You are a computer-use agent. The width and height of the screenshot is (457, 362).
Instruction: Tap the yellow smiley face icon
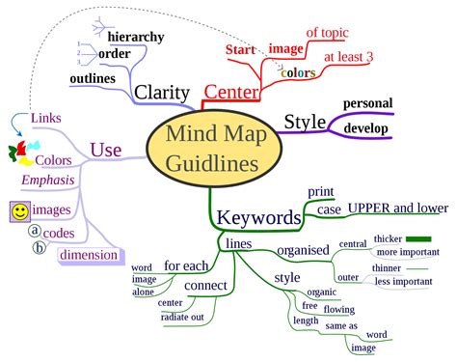click(x=18, y=209)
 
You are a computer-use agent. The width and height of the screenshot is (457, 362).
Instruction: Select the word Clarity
click(x=161, y=92)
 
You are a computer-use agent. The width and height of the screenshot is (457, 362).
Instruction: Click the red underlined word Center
click(x=231, y=92)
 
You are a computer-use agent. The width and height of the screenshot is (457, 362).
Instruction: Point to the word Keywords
click(x=258, y=217)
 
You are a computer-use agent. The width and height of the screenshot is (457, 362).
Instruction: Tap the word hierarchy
click(x=138, y=36)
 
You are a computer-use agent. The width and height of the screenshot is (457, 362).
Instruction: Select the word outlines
click(x=93, y=77)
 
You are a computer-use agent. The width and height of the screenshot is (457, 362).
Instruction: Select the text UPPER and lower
click(x=397, y=207)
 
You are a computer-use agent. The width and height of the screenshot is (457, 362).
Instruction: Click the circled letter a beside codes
click(x=34, y=231)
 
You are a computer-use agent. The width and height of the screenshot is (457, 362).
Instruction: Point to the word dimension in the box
click(x=89, y=256)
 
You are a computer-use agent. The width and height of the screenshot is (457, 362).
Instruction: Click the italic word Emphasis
click(x=47, y=180)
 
